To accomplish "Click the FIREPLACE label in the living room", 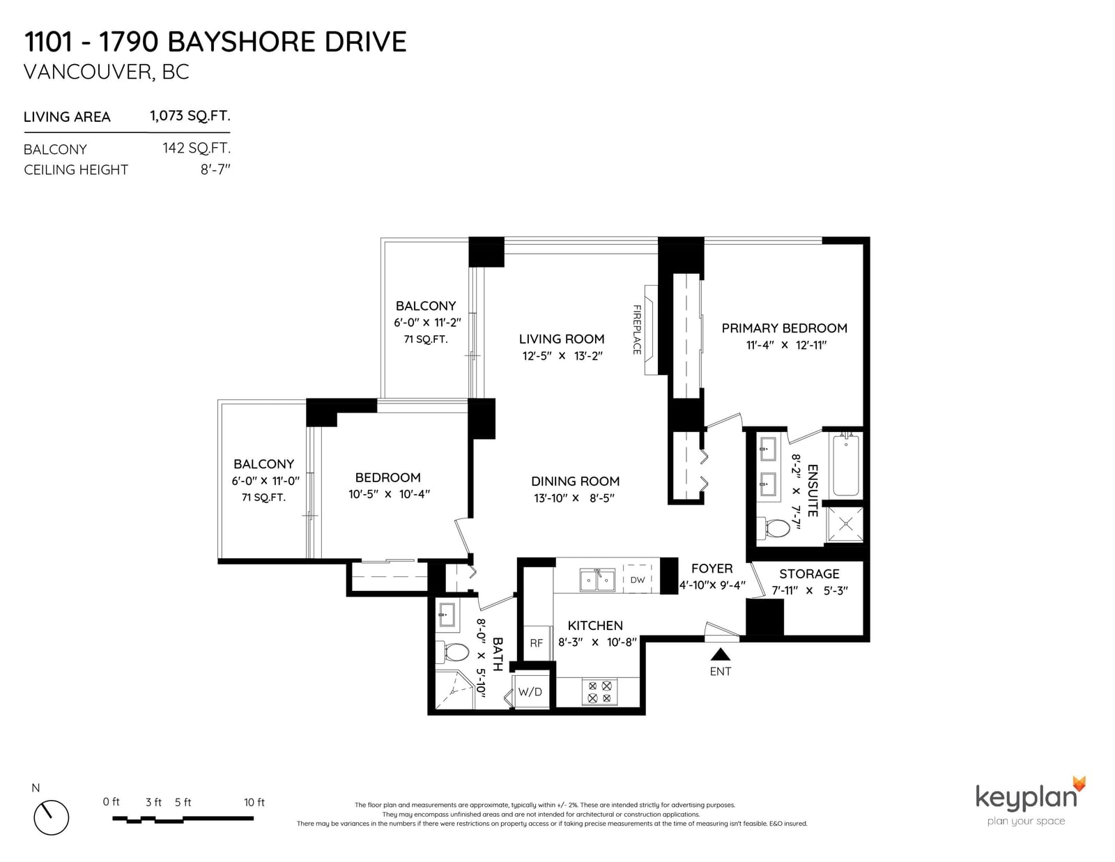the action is [x=636, y=330].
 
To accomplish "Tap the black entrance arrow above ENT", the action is [x=721, y=654].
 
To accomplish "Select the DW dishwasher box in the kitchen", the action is [x=637, y=580].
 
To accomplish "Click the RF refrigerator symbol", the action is [x=536, y=643].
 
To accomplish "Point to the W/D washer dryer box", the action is [x=530, y=691].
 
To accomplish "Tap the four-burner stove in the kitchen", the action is [x=599, y=692].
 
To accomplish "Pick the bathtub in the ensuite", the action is [x=845, y=465].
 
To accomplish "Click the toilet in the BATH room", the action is [x=452, y=653].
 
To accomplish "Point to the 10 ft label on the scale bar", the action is [x=254, y=803].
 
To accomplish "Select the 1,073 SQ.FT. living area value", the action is [x=190, y=116].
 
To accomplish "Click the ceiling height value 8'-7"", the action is [x=215, y=169].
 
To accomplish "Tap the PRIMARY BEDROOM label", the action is [x=784, y=328].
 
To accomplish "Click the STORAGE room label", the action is [x=809, y=574].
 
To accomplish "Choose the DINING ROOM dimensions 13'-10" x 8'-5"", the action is [x=574, y=498].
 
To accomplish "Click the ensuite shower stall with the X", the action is [x=845, y=524].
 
